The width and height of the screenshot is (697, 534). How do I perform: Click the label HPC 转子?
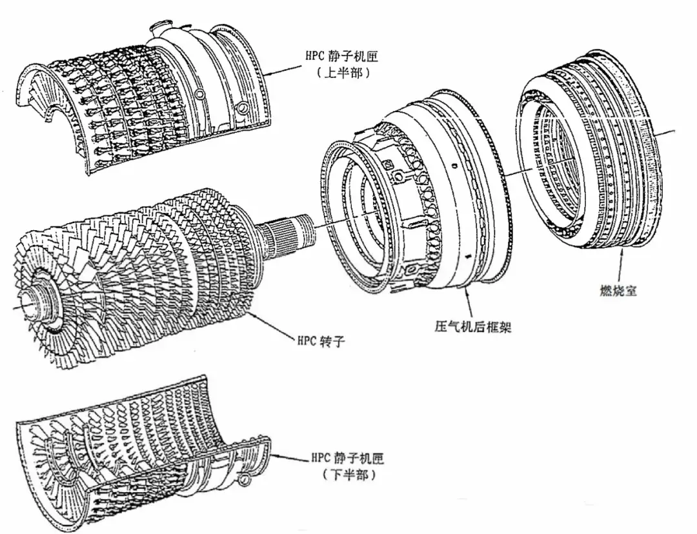pyautogui.click(x=320, y=341)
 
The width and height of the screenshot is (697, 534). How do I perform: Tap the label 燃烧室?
pyautogui.click(x=618, y=290)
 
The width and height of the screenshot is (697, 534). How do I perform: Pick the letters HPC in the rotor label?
pyautogui.click(x=306, y=341)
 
